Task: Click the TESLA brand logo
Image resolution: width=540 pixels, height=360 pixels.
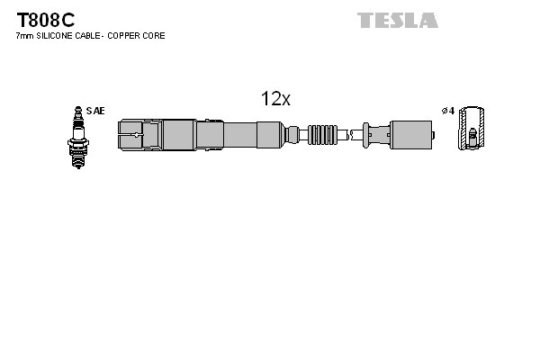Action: (x=397, y=20)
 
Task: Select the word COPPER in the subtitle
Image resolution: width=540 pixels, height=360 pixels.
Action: (x=125, y=36)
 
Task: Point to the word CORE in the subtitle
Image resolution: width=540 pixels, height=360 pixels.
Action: (x=154, y=36)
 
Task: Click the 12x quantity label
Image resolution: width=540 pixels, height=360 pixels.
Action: (x=275, y=100)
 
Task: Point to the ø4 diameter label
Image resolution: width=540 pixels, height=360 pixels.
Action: (x=447, y=111)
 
